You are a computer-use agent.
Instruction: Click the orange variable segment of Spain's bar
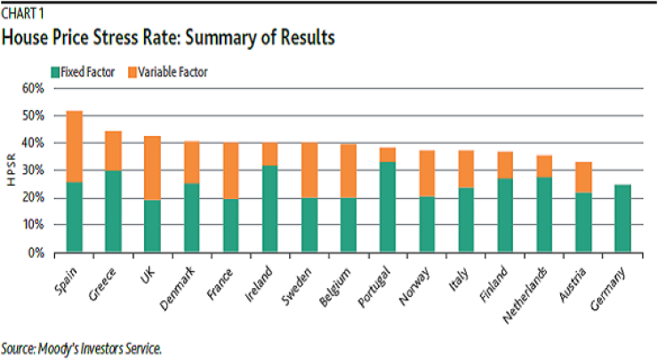(75, 147)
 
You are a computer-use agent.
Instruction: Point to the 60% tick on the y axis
(32, 89)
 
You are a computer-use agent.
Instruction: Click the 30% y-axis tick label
(32, 171)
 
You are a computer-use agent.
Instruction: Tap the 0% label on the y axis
(36, 252)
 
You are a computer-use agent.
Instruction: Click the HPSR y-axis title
(12, 170)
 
